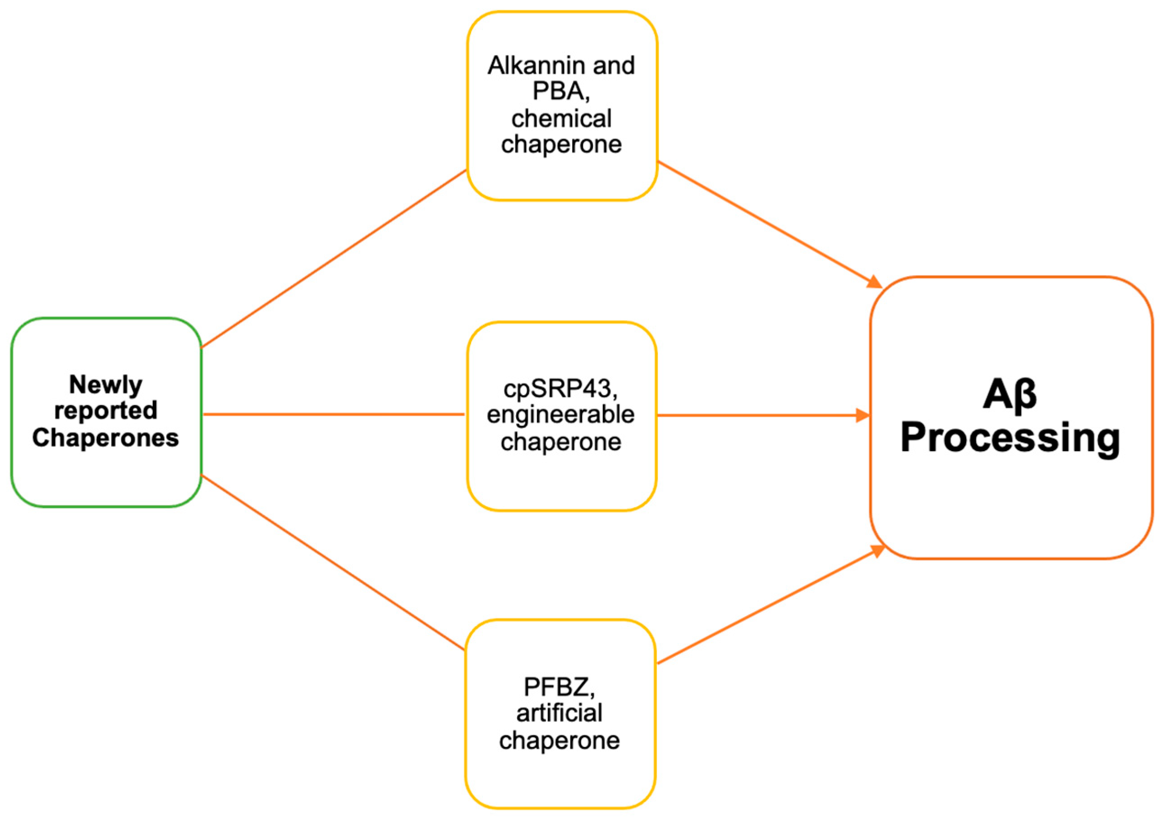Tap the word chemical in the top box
561,119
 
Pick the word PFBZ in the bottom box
555,686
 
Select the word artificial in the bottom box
559,713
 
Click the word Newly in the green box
105,385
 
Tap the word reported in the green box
105,411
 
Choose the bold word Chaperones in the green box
105,438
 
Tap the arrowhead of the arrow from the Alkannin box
875,282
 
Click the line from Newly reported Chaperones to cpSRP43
334,414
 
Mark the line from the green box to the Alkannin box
334,259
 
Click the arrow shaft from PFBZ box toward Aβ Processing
763,609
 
